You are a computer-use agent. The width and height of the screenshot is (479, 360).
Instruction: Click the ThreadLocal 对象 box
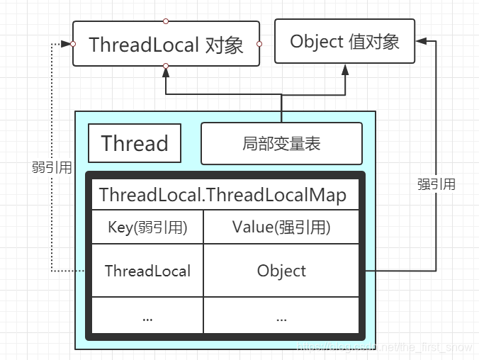(166, 44)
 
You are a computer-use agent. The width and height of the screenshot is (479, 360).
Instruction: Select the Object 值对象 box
(345, 41)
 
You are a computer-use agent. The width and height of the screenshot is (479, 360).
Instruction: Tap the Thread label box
(135, 143)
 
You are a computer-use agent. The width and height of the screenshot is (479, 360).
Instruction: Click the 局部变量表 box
(281, 143)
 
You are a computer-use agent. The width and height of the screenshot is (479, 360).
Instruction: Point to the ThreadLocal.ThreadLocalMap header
(223, 195)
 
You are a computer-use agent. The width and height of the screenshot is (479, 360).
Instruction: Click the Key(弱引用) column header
(147, 227)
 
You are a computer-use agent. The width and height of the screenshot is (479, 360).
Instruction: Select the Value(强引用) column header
(282, 227)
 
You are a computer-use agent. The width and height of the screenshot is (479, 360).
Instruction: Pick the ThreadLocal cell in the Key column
(147, 271)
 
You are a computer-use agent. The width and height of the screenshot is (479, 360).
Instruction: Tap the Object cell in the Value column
(282, 271)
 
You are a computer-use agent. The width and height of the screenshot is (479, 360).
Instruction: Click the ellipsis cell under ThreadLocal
(147, 317)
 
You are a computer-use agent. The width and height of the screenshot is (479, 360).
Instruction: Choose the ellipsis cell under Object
(282, 317)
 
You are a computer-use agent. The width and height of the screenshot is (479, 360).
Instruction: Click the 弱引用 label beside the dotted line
(52, 168)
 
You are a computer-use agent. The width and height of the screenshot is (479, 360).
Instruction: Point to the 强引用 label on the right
(436, 184)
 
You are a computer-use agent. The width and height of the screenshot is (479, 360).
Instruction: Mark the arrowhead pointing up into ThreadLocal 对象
(166, 71)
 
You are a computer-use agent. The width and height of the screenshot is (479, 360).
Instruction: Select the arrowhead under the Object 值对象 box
(345, 69)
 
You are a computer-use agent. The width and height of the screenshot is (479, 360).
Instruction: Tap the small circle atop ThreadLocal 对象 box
(166, 21)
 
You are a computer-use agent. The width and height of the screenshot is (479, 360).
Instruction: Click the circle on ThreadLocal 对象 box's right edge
(259, 44)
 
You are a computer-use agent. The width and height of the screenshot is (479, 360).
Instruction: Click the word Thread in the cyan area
(135, 143)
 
